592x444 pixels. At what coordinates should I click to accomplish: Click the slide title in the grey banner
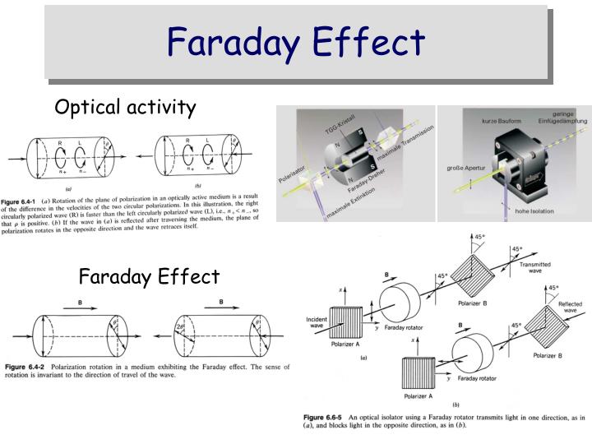point(296,42)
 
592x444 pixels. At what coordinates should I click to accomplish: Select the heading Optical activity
point(125,107)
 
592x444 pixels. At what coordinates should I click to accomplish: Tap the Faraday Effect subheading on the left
point(149,275)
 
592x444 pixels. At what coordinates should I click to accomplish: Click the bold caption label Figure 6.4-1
point(27,201)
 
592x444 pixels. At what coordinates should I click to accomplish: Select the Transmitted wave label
point(535,269)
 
